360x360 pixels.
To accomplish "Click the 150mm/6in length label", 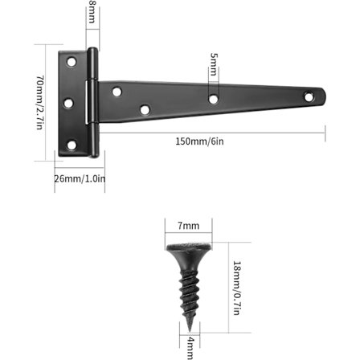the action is coord(199,141).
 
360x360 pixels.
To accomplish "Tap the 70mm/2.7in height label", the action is coord(39,102).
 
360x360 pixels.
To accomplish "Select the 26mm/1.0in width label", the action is coord(80,178).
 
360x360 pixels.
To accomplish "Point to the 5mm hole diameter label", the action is coord(214,64).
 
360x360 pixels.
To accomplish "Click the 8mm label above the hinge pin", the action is coord(92,12).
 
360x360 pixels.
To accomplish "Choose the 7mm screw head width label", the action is coord(189,226).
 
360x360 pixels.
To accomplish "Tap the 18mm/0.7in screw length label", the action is coord(237,288).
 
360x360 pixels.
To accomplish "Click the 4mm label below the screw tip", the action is coord(190,348).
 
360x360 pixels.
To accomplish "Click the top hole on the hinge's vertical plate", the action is coord(72,62).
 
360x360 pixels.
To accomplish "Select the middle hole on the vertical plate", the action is coord(68,103).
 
